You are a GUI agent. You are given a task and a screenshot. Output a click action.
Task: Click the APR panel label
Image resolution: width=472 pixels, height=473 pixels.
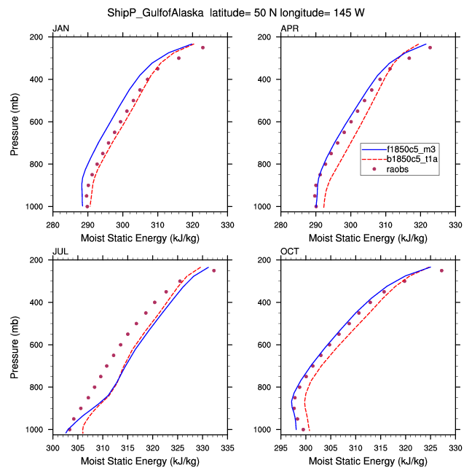288,28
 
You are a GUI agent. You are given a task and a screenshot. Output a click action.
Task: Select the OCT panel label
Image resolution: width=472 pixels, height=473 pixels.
289,251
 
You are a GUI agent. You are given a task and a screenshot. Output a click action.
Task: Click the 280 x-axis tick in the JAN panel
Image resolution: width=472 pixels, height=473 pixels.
53,216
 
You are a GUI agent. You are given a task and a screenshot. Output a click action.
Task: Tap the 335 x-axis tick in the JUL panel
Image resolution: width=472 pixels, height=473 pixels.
229,439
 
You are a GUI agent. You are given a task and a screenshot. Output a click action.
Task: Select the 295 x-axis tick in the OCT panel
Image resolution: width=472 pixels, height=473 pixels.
280,439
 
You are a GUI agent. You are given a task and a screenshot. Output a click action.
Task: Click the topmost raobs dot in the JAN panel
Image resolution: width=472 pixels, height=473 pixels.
202,47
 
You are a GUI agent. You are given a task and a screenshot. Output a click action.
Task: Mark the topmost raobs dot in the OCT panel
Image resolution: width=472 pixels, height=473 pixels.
441,270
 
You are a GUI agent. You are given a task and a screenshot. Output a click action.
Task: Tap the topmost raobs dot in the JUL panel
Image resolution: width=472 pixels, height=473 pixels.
213,270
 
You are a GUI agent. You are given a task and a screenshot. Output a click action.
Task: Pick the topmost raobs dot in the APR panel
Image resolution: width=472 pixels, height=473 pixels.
430,47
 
